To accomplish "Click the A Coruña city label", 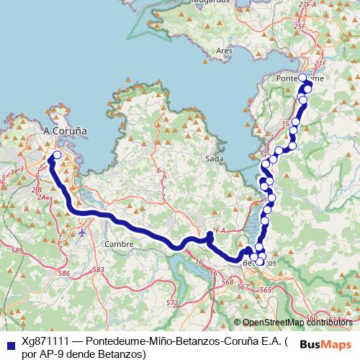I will [66, 131].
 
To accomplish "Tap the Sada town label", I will [214, 158].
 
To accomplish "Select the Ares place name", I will [224, 51].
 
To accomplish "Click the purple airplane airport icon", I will [84, 233].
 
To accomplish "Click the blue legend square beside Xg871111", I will [9, 341].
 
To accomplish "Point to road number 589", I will [17, 249].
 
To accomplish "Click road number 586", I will [63, 273].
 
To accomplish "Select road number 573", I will [171, 303].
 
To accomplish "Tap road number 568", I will [228, 282].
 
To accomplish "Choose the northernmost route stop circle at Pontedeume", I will [302, 78].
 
